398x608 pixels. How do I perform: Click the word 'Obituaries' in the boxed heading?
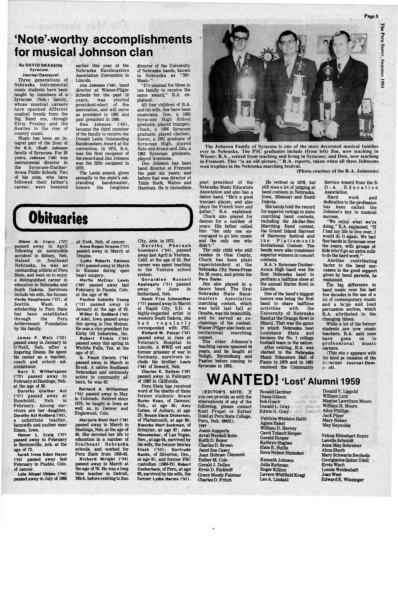coord(58,218)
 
